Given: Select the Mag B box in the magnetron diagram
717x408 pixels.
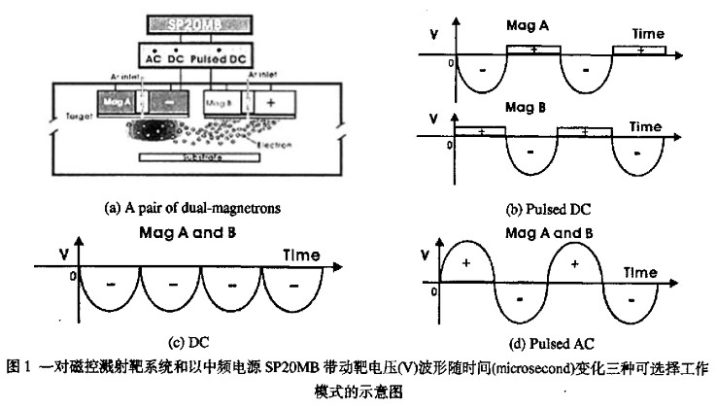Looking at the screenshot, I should (222, 101).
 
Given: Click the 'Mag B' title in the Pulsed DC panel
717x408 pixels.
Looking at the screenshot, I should (525, 108).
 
